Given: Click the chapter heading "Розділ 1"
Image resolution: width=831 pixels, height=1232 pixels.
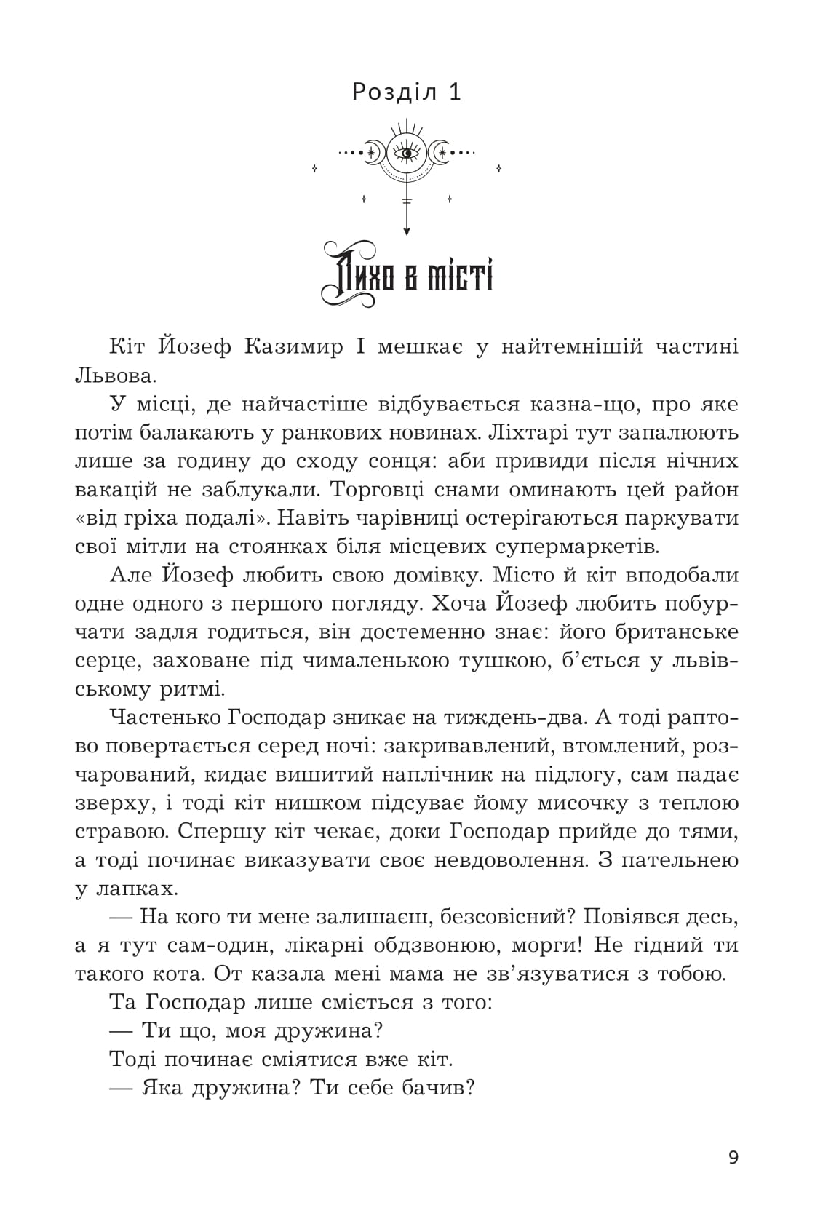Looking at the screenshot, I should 407,92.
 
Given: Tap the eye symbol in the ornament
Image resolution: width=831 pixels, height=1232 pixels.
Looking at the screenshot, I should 407,152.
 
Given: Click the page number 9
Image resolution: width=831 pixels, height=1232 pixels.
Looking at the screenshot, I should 733,1158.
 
